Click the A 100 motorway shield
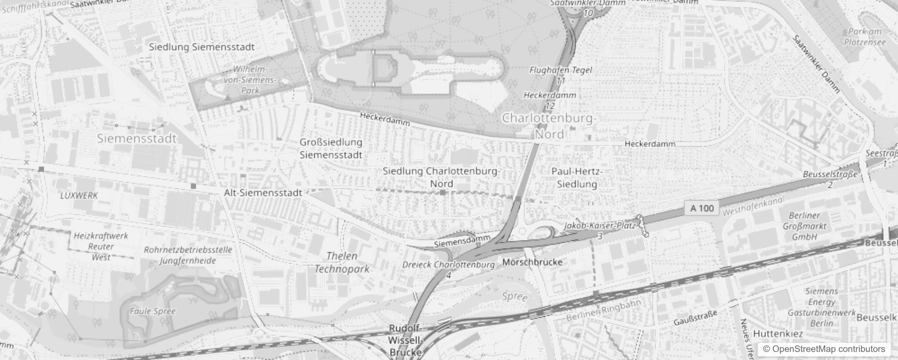pyautogui.click(x=702, y=208)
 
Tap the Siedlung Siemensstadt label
pyautogui.click(x=202, y=47)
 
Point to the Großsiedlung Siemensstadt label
pyautogui.click(x=331, y=148)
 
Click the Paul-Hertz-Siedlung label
pyautogui.click(x=577, y=178)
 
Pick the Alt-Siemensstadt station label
pyautogui.click(x=263, y=193)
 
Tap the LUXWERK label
pyautogui.click(x=79, y=196)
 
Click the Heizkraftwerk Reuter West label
pyautogui.click(x=101, y=247)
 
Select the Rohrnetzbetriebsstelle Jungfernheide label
pyautogui.click(x=188, y=255)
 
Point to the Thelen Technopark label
pyautogui.click(x=342, y=263)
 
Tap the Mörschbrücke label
pyautogui.click(x=532, y=262)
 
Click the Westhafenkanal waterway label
pyautogui.click(x=753, y=206)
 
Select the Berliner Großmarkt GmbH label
pyautogui.click(x=804, y=226)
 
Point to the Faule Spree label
pyautogui.click(x=153, y=311)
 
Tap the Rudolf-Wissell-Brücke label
pyautogui.click(x=405, y=340)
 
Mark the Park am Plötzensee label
pyautogui.click(x=865, y=37)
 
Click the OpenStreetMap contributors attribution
pyautogui.click(x=824, y=349)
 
